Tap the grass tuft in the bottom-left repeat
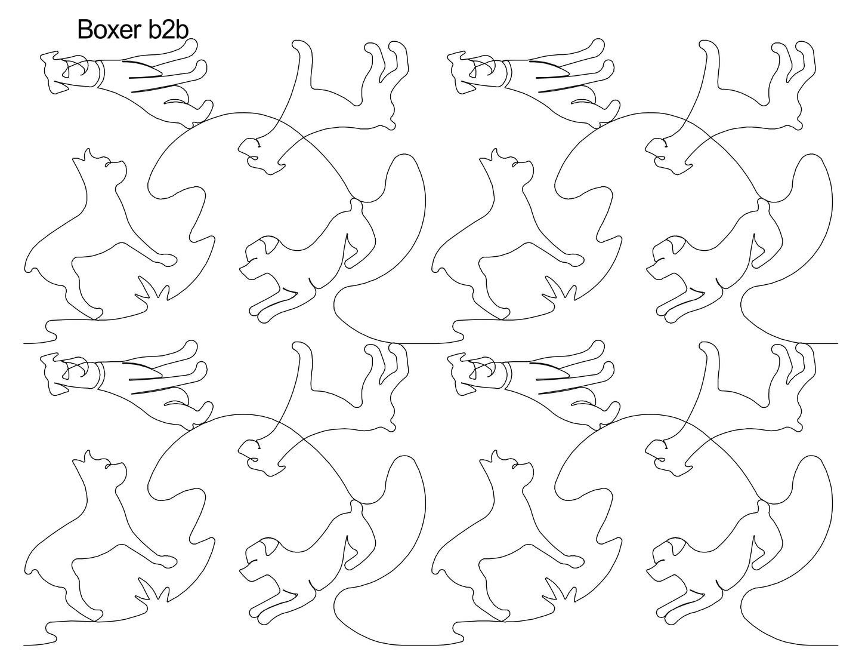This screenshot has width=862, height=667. (x=153, y=593)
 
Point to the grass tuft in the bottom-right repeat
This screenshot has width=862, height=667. (x=560, y=593)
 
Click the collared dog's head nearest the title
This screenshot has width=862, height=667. (x=66, y=73)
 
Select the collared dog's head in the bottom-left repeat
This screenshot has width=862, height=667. (x=66, y=374)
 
